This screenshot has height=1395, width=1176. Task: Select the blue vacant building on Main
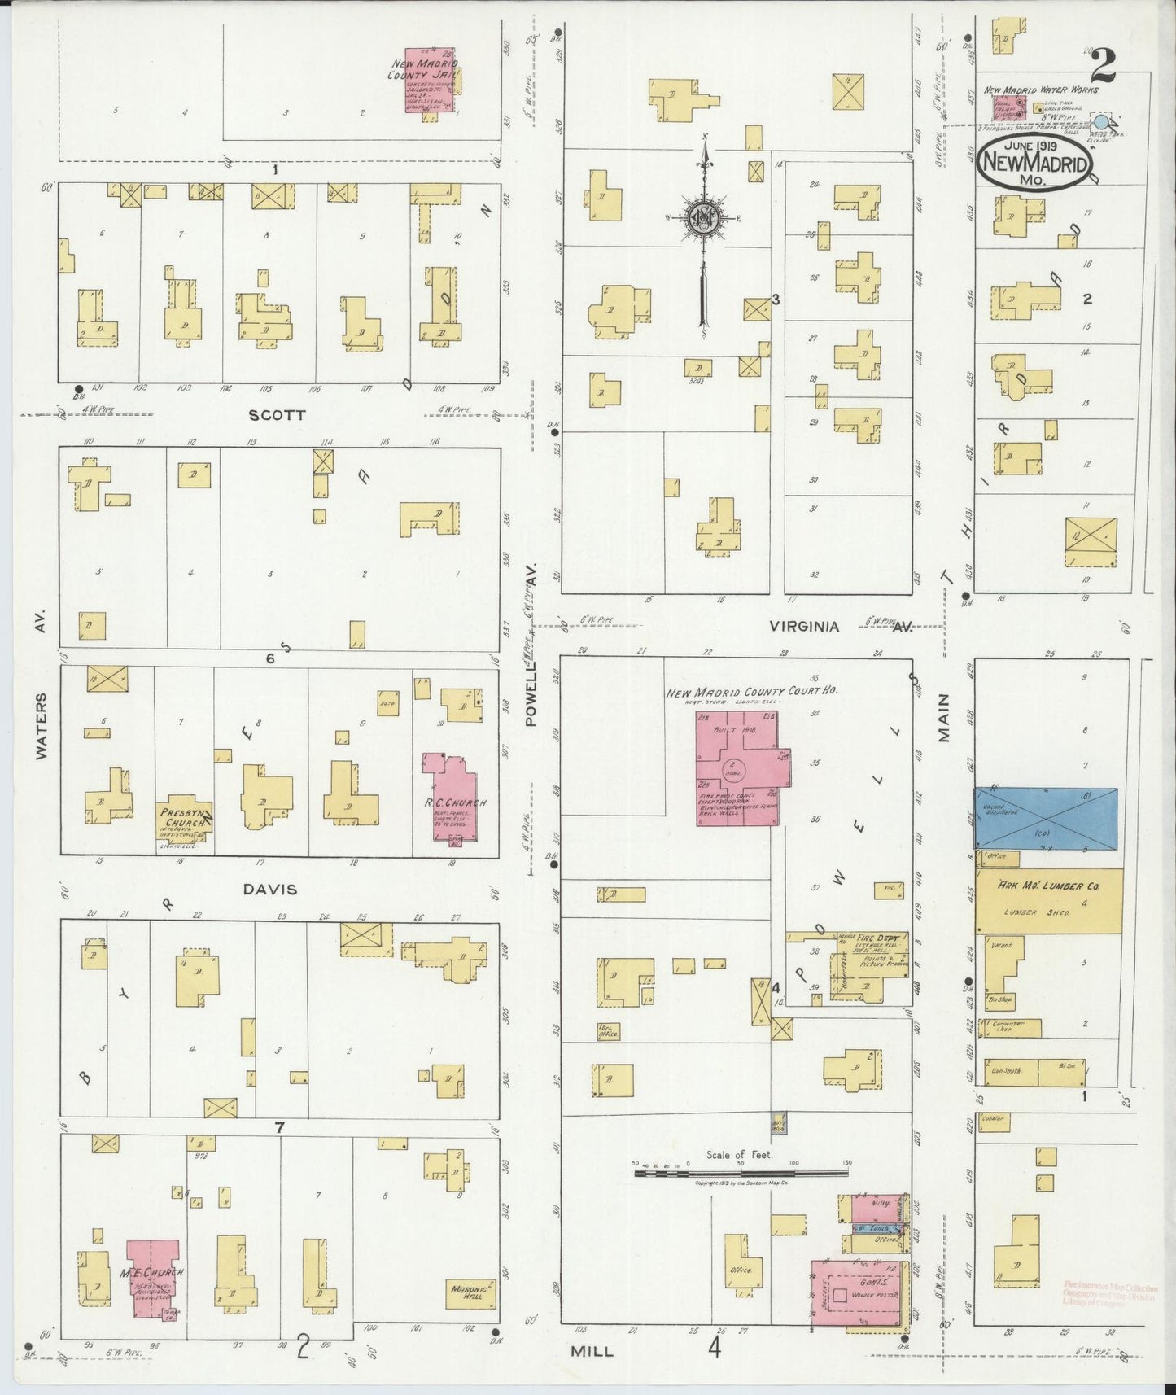pos(1045,818)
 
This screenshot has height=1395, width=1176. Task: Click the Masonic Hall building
pos(471,1292)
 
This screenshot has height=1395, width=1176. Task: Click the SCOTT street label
pos(278,415)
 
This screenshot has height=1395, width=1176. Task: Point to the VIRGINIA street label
pos(805,627)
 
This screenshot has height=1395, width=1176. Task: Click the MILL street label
pos(591,1350)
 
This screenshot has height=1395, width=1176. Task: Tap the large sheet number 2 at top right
pos(1104,63)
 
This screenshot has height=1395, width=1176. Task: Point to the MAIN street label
pos(944,719)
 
